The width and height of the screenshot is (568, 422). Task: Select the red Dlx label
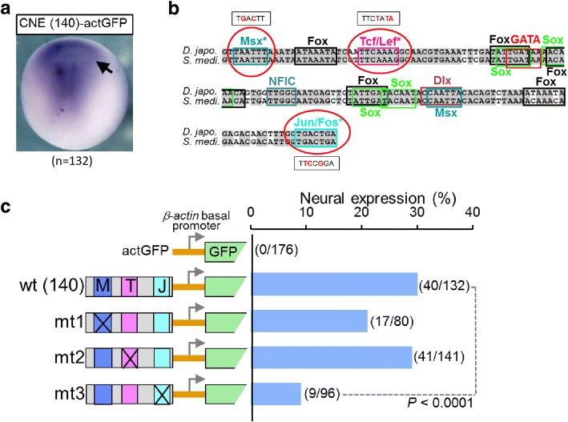click(442, 80)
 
